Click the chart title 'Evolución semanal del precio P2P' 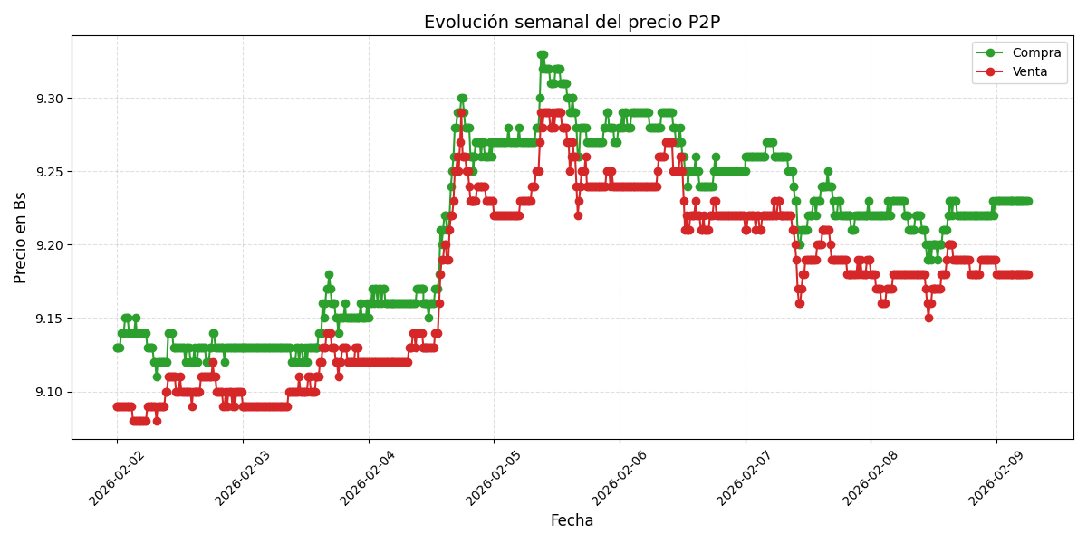click(x=572, y=23)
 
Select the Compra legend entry click(x=1024, y=53)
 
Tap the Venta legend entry click(x=1024, y=71)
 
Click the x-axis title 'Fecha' click(x=572, y=521)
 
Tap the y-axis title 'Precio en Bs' click(x=21, y=237)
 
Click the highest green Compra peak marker click(x=542, y=55)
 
